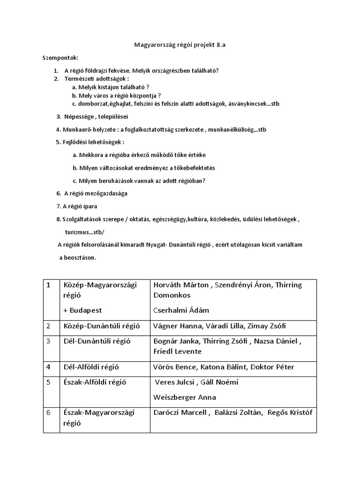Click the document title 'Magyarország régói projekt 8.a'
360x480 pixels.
[180, 45]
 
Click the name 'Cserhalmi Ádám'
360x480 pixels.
[181, 310]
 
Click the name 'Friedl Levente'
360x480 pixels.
[177, 352]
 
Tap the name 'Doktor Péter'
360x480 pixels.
[274, 367]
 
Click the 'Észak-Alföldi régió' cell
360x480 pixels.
[97, 382]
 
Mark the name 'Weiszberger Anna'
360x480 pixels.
[185, 397]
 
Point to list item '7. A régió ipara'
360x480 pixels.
[77, 206]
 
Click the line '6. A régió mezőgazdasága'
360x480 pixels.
[91, 193]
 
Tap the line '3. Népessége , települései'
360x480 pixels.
[92, 116]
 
